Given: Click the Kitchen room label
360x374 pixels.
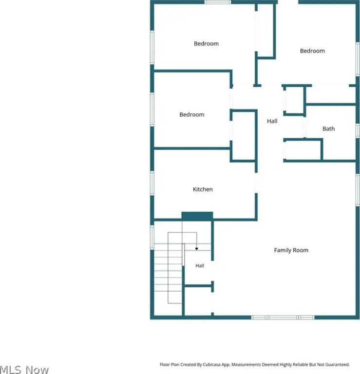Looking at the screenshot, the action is pos(203,189).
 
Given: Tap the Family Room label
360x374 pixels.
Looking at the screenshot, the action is pos(291,250).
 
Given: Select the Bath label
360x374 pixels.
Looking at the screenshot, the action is pos(328,129).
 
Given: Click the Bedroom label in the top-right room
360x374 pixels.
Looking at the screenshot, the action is pos(312,51).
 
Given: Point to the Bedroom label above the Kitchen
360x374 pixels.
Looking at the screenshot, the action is pos(192,114).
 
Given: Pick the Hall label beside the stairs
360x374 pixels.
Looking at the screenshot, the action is pos(200,266).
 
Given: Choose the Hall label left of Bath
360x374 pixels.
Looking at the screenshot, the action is pos(272,121).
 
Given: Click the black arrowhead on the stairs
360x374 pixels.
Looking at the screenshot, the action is pos(197,249).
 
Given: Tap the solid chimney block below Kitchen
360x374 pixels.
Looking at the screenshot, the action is pos(197,216).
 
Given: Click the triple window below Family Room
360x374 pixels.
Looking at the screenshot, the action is pos(283,318).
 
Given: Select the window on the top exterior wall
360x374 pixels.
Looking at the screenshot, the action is pos(218,2).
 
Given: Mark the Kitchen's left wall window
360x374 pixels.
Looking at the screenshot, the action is pos(152,183).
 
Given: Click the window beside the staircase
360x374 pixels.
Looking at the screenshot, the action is pos(152,238).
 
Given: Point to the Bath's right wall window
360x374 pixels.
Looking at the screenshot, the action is pos(358,131).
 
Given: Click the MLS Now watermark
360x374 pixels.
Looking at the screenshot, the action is pos(24,370).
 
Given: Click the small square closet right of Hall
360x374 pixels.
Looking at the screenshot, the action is pos(294,100).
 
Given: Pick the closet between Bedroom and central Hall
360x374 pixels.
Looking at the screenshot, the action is pos(244,136).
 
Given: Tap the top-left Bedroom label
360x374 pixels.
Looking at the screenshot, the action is pos(206,44).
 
